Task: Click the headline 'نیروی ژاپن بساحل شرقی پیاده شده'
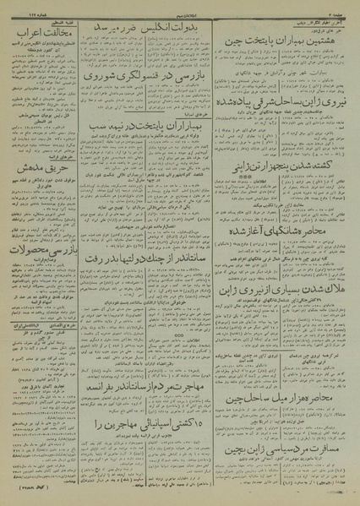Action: coord(286,124)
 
